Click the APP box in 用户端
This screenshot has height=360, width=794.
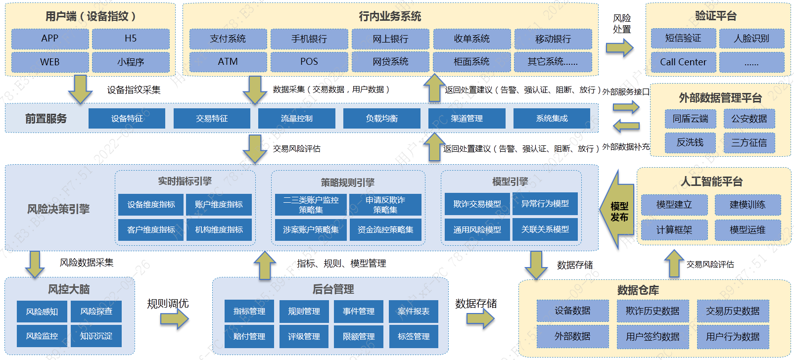pos(50,39)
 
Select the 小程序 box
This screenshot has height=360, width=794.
pos(131,62)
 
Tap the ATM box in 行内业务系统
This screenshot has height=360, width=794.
pos(228,62)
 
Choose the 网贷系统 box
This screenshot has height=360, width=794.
pos(390,62)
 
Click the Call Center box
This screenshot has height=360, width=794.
pos(683,62)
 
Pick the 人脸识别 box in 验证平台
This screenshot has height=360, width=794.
pos(752,38)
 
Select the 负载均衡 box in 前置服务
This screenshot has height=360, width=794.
pos(382,118)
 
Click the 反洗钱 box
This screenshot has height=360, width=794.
pos(690,142)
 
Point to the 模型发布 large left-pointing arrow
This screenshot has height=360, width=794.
pos(617,209)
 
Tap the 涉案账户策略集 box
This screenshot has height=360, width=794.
pos(311,229)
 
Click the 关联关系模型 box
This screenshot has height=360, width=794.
pos(545,229)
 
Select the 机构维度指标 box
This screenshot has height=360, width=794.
pos(219,229)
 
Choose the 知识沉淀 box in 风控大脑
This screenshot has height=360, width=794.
pos(96,336)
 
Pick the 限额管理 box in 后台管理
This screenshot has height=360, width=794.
pos(359,336)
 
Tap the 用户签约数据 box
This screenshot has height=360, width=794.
pos(653,336)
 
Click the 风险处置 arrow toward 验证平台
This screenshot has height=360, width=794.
pos(619,47)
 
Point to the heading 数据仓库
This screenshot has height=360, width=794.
pos(638,290)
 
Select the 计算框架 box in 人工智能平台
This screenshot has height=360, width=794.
pos(674,230)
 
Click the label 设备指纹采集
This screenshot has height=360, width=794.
pos(134,90)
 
